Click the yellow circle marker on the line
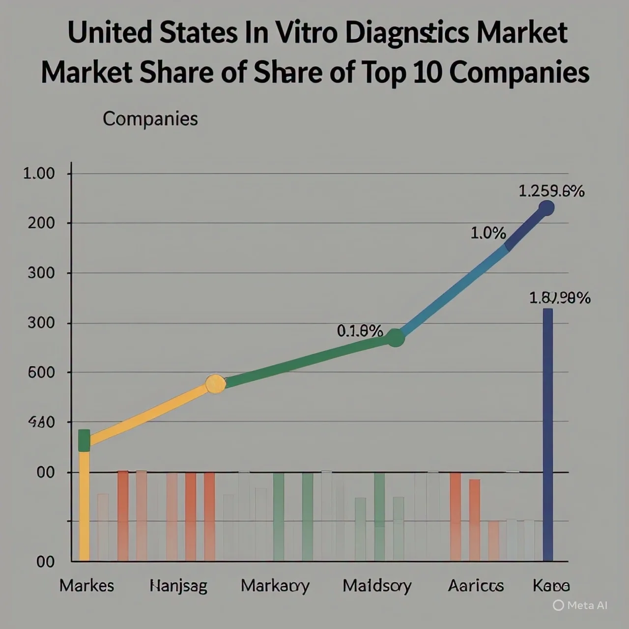[215, 384]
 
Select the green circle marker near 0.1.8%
[395, 338]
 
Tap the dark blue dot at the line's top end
[546, 208]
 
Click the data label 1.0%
[488, 233]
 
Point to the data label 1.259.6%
[551, 191]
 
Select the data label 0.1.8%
[360, 331]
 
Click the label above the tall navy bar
[560, 298]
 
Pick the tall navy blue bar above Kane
[547, 435]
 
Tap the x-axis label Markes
[86, 585]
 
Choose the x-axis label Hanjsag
[178, 586]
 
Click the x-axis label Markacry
[275, 586]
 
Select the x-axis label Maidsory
[377, 586]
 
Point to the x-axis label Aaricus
[476, 586]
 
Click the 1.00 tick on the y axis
[39, 173]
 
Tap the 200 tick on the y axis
[41, 223]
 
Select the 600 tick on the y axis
[41, 372]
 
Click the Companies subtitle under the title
[150, 119]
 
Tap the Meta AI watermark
[580, 605]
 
